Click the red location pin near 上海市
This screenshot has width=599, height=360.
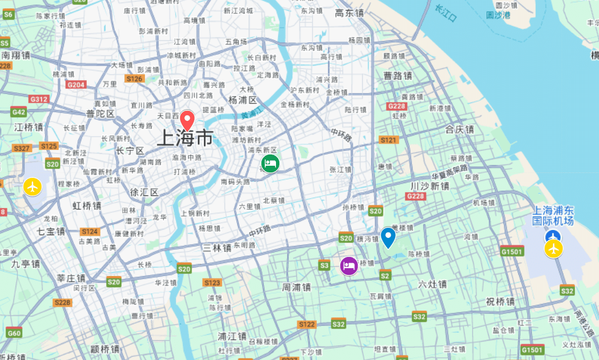pos(186,120)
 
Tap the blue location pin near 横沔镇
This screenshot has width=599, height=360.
pos(388,237)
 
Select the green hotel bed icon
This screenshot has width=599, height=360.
pos(270,163)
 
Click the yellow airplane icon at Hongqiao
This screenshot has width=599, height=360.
pos(33,186)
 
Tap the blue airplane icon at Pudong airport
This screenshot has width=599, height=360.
pos(554,237)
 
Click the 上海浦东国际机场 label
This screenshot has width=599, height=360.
pos(553,216)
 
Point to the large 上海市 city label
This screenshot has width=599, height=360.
pos(185,138)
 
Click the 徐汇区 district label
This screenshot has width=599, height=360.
pos(144,192)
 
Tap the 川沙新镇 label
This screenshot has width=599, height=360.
pos(430,186)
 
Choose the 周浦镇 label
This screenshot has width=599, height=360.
pos(296,287)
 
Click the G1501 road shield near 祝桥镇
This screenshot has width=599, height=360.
pos(512,251)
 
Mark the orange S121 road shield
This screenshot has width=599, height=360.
pos(388,140)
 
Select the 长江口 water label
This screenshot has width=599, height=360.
pos(446,13)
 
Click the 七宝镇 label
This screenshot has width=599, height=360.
pos(51,231)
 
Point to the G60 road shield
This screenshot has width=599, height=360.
pos(14,334)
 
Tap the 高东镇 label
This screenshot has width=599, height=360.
pos(349,12)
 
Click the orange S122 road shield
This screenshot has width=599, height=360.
pos(307,324)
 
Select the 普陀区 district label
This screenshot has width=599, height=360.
pos(101,114)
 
